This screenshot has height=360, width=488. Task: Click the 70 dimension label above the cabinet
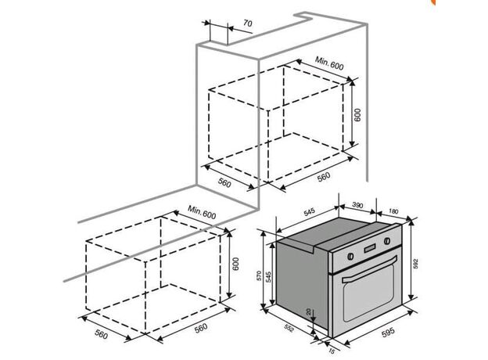(x=248, y=23)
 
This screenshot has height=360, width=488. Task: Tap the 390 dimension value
(x=357, y=205)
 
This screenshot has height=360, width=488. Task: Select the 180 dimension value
(x=393, y=211)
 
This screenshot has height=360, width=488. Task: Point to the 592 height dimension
(x=416, y=264)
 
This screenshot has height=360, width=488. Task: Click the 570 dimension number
(x=259, y=275)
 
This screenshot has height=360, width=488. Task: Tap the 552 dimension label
(x=289, y=327)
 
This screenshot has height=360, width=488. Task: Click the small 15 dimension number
(x=332, y=351)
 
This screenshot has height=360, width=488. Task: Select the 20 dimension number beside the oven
(x=309, y=311)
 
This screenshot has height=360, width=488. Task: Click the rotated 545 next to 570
(x=268, y=277)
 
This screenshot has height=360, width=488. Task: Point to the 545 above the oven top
(x=309, y=212)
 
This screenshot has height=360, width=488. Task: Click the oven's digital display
(x=370, y=248)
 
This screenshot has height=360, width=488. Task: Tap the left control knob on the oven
(x=350, y=256)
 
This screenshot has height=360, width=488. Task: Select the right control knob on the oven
(x=387, y=241)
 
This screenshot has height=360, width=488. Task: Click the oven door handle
(x=369, y=269)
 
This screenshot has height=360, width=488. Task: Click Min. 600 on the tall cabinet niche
(x=329, y=63)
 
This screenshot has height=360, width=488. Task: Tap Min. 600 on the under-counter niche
(x=202, y=212)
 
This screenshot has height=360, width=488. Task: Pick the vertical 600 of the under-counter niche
(x=235, y=264)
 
